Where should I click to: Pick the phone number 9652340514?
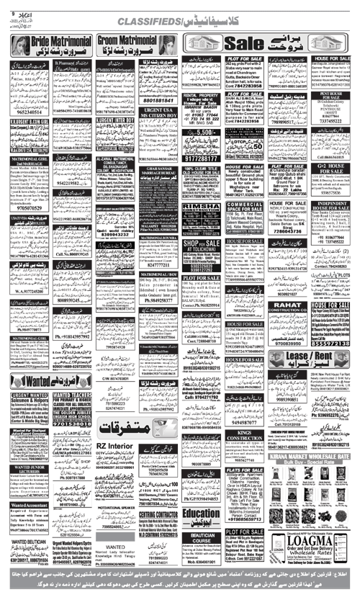(28, 112)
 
